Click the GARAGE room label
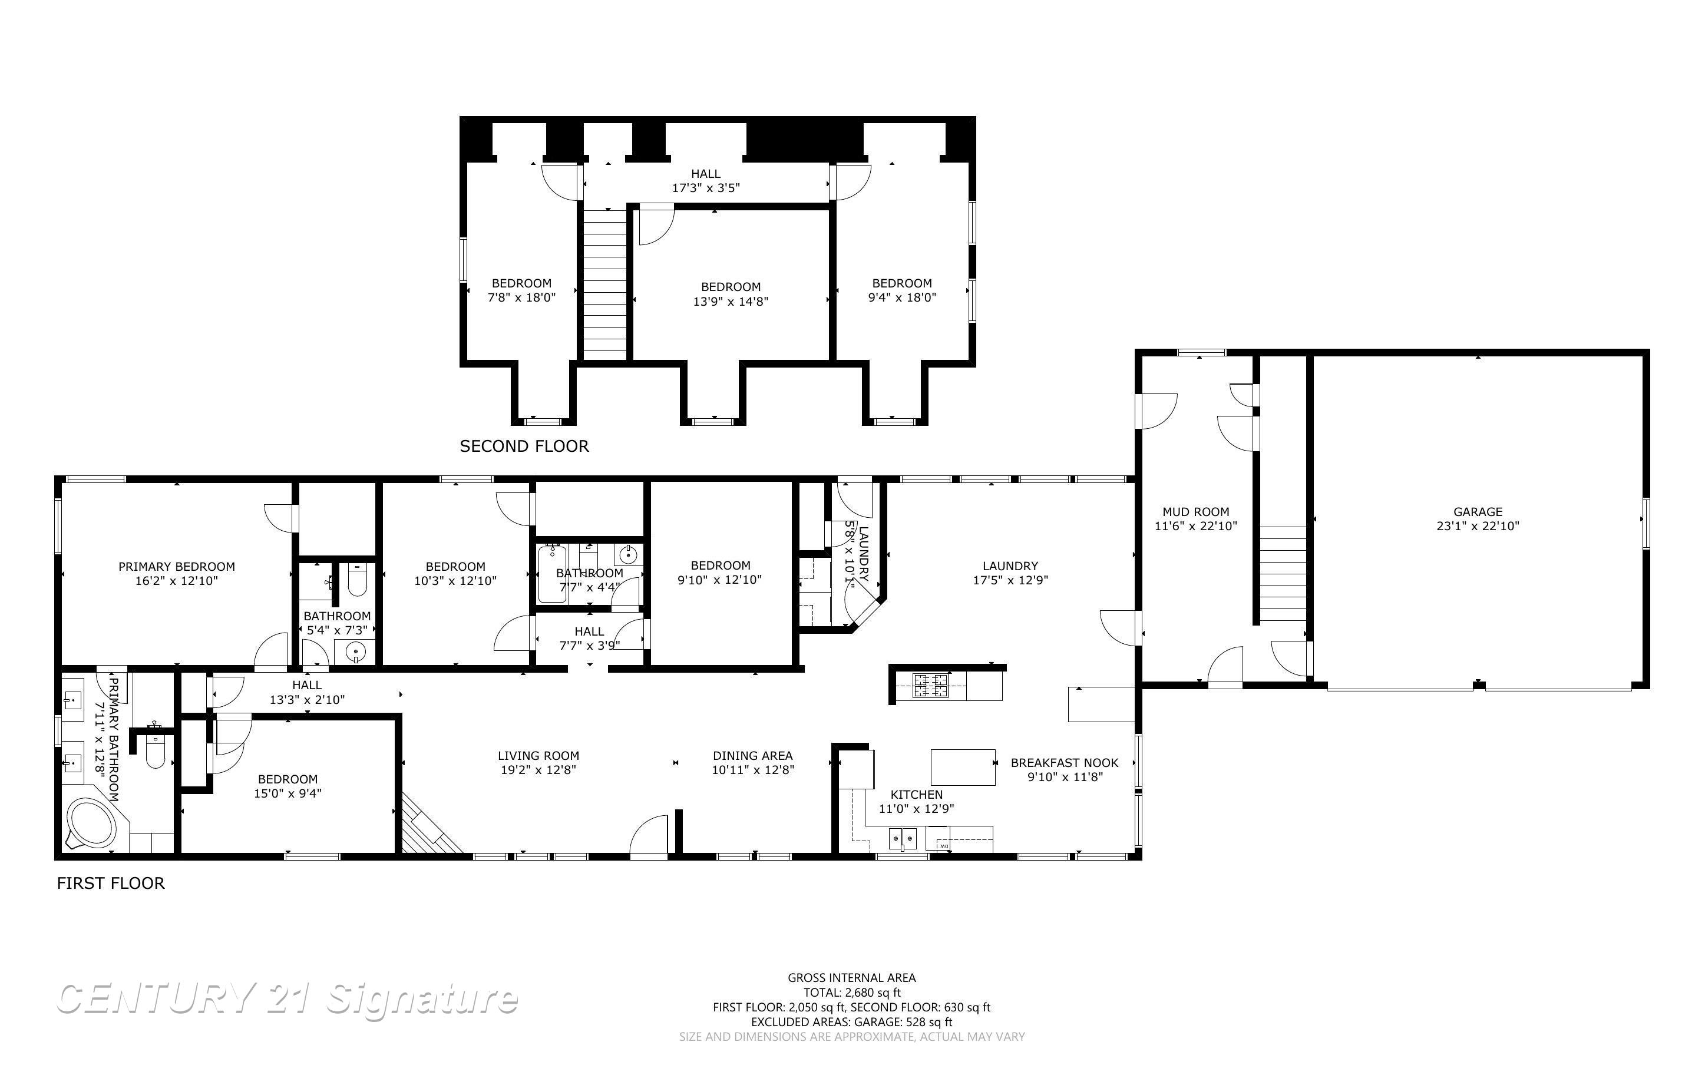1478,512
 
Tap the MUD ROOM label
1195,512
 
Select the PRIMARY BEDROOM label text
176,566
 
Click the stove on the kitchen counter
930,685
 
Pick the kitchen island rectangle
963,767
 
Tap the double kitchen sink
902,838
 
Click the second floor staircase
605,285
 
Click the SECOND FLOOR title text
524,446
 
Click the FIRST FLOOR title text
111,883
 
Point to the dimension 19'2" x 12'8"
538,770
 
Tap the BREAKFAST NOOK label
1064,763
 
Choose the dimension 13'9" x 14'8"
731,302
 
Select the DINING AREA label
752,756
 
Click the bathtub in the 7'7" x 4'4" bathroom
552,574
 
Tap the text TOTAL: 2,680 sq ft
851,993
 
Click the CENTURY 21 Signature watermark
287,999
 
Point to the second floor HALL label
705,174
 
